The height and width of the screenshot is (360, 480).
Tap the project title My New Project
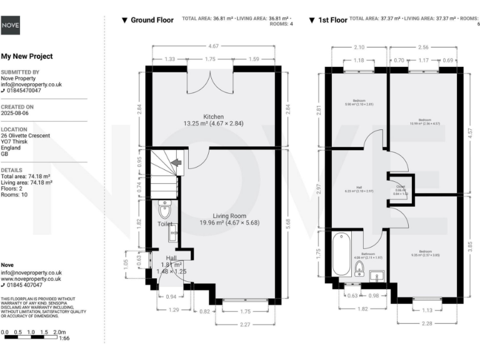click(27, 56)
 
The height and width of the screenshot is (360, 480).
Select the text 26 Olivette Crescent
click(26, 136)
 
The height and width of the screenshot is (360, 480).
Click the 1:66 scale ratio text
click(64, 338)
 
